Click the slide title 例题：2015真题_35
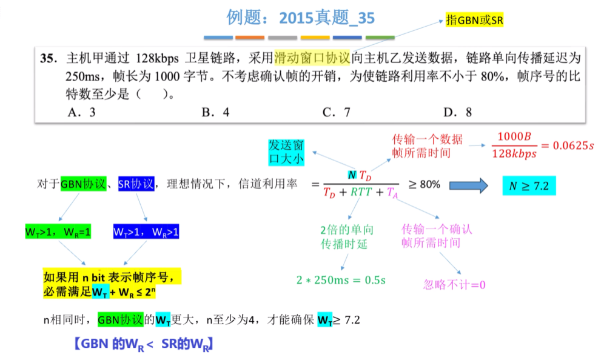point(301,18)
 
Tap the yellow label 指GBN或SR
point(475,19)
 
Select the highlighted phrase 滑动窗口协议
point(312,58)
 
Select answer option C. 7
point(337,112)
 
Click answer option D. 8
point(458,112)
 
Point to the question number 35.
point(49,59)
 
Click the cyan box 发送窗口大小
point(286,152)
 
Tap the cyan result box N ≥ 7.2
point(529,186)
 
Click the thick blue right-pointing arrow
point(467,185)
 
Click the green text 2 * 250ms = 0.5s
point(341,280)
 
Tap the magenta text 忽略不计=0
point(454,285)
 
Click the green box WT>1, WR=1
point(58,232)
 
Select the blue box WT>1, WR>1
point(146,232)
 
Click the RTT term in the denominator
point(361,193)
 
